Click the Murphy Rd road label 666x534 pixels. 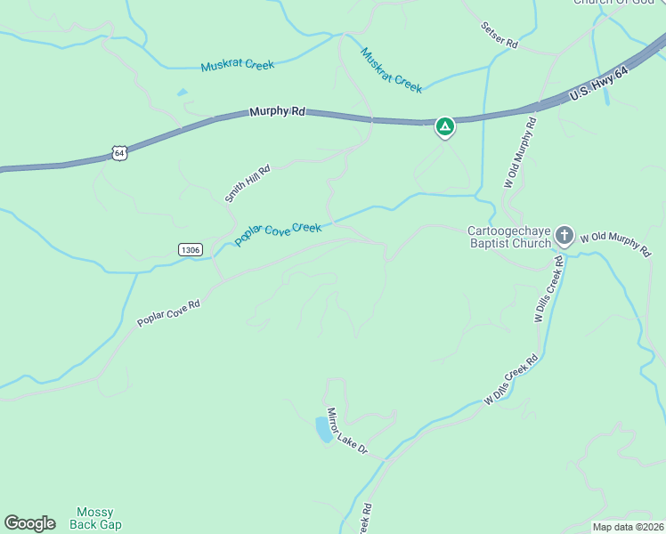277,111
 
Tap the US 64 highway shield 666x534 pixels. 120,153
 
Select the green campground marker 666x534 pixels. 445,127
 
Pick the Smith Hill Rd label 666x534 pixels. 248,182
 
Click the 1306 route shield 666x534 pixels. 189,249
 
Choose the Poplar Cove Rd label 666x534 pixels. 168,312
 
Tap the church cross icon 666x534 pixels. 564,236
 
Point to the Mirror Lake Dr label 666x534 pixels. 346,432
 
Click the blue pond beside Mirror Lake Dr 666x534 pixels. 324,430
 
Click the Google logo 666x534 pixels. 29,523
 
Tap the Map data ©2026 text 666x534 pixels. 628,527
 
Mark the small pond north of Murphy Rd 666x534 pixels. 183,92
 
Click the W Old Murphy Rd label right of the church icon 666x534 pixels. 614,243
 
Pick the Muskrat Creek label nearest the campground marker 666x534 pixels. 391,69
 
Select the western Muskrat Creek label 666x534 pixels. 238,65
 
